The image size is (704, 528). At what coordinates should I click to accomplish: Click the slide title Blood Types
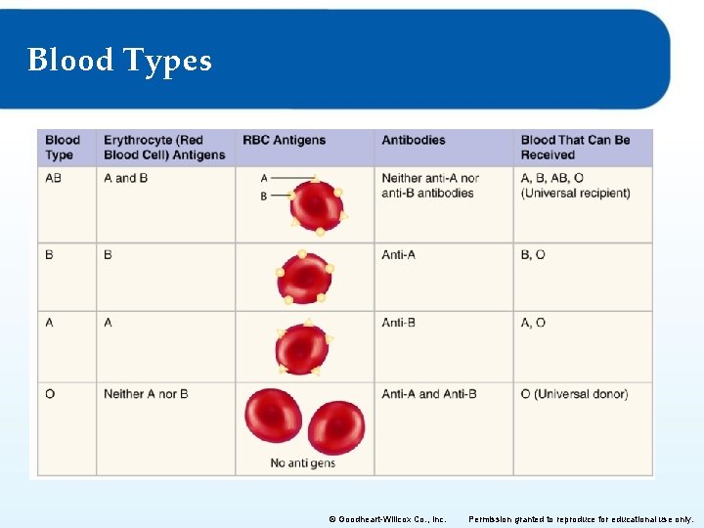click(x=119, y=61)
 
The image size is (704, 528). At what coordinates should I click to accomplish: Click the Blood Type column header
click(x=63, y=148)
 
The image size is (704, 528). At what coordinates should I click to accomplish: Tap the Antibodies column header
click(x=414, y=140)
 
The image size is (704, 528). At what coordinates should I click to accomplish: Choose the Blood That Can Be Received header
click(x=575, y=148)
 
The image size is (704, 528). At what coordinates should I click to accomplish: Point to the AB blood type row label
click(x=53, y=178)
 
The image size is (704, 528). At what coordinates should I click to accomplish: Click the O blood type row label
click(x=50, y=394)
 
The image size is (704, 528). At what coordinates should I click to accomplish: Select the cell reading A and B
click(x=126, y=178)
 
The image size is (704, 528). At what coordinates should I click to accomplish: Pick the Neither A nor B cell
click(x=146, y=394)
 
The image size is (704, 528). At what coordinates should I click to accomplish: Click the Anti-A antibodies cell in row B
click(x=399, y=255)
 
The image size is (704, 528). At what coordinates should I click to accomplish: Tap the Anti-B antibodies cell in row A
click(x=399, y=323)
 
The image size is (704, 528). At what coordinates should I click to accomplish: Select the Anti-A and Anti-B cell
click(x=429, y=394)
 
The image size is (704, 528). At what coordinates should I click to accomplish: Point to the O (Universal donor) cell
click(x=574, y=394)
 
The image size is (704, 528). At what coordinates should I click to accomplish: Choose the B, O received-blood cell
click(x=533, y=255)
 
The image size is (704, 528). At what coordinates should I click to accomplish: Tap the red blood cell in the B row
click(x=304, y=278)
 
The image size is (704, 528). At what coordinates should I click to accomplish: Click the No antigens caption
click(x=303, y=463)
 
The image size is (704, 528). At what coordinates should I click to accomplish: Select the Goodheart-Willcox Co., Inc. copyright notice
click(x=387, y=519)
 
